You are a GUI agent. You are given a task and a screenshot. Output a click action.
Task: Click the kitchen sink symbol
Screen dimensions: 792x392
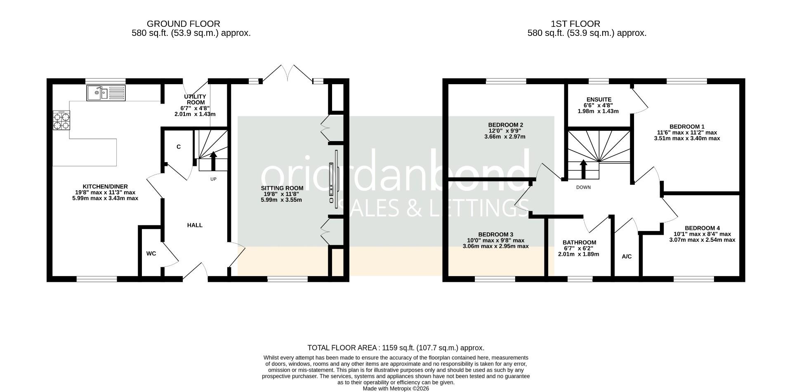106,93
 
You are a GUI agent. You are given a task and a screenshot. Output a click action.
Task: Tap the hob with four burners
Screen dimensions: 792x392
61,120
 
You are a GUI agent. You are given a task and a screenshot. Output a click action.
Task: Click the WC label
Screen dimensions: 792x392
151,254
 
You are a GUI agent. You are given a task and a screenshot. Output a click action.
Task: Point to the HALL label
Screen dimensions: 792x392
195,225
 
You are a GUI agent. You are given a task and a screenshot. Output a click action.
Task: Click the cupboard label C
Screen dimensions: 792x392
179,147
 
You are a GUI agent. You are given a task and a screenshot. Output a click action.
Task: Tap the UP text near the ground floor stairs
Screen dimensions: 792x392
213,179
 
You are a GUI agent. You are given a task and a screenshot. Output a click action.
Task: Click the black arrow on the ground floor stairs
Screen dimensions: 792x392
213,161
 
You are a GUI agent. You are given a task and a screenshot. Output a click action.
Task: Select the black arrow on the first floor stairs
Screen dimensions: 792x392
583,169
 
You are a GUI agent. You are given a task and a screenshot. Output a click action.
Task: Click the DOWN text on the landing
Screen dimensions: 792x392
583,187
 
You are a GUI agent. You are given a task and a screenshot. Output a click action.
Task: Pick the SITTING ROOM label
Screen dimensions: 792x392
282,188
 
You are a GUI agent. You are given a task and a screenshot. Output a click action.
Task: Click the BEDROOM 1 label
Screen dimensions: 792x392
687,127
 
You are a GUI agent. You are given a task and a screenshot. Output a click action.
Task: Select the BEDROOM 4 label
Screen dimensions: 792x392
702,228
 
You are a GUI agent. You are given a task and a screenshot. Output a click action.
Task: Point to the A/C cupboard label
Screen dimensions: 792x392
627,257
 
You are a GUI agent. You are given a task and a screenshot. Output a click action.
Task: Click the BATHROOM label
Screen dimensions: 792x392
579,243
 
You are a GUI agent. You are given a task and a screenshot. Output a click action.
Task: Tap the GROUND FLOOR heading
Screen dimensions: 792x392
184,24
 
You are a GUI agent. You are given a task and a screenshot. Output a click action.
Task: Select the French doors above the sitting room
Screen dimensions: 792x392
288,73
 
